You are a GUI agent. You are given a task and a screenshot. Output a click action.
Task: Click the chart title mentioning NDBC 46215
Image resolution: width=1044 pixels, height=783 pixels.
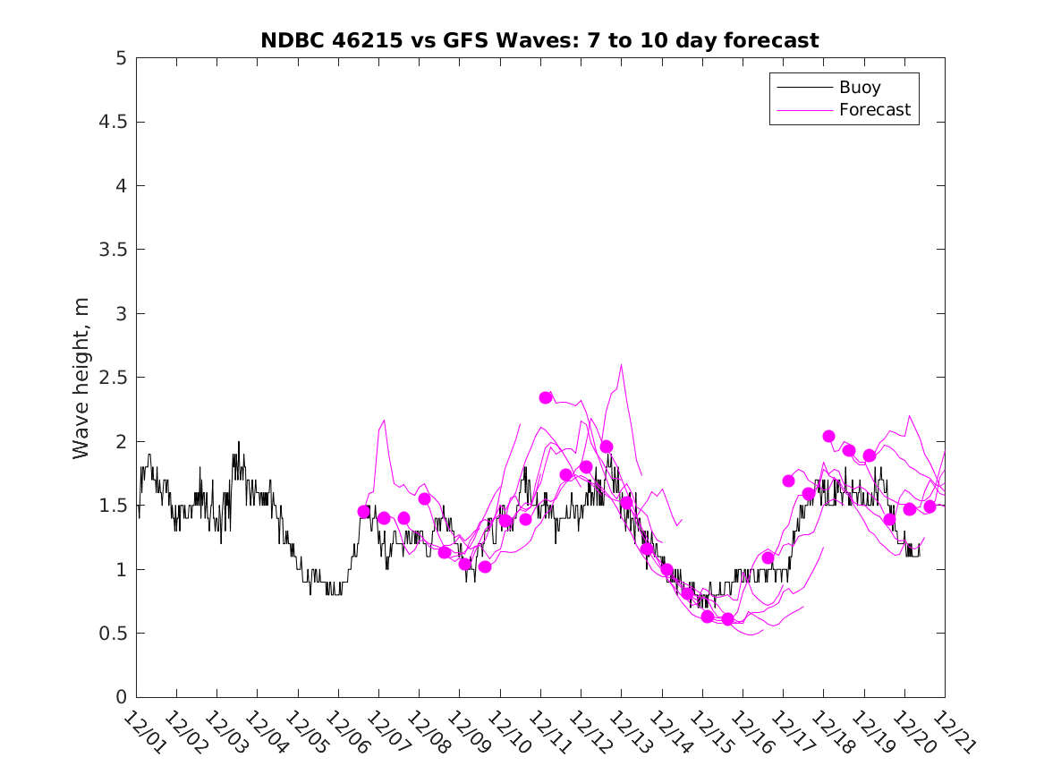click(x=539, y=40)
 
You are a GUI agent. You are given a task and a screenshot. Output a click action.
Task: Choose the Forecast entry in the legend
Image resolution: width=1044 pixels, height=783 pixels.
click(x=874, y=110)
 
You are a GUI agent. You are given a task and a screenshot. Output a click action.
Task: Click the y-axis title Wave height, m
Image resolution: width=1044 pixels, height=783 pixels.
click(x=81, y=378)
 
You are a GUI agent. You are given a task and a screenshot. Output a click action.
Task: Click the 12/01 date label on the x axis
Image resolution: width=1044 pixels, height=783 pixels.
click(x=143, y=733)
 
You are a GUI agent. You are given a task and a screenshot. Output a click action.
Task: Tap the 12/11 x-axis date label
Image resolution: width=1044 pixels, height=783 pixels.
click(x=547, y=733)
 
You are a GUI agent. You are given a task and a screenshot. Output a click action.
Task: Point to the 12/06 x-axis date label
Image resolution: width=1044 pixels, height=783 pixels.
click(x=345, y=733)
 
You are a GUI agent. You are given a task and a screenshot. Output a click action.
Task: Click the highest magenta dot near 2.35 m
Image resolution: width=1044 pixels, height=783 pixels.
click(x=546, y=397)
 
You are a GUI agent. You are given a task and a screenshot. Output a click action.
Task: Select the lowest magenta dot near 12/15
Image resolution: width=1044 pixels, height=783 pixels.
click(x=727, y=619)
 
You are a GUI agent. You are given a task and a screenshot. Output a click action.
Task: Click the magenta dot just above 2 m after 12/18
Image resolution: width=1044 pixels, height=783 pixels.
click(x=828, y=436)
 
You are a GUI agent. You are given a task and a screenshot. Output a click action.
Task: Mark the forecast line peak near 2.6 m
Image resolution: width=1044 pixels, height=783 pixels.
click(x=621, y=364)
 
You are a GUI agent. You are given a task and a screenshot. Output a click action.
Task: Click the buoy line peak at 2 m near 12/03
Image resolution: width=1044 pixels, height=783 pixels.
click(x=239, y=442)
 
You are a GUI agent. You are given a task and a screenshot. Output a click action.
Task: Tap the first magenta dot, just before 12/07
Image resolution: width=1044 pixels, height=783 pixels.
click(x=364, y=511)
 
